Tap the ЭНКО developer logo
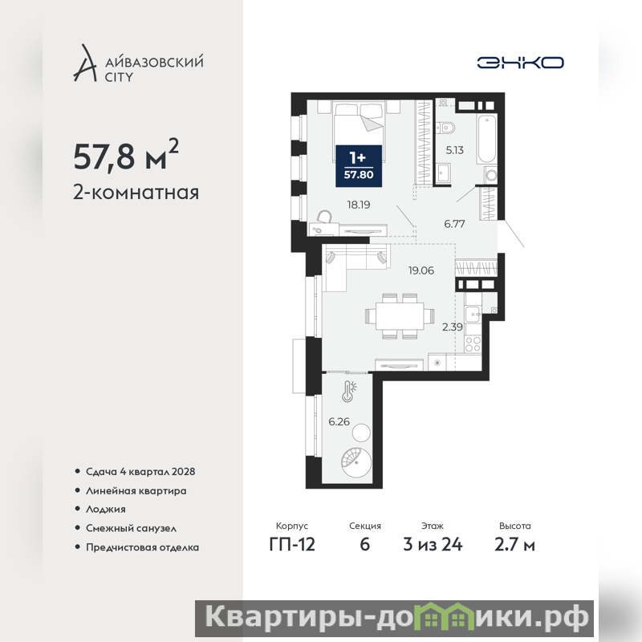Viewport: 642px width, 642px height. click(x=520, y=63)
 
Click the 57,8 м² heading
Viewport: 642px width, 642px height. click(x=126, y=155)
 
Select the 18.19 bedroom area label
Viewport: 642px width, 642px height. click(x=359, y=205)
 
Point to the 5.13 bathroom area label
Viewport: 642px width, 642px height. click(x=454, y=150)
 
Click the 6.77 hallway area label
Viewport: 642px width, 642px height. click(x=454, y=224)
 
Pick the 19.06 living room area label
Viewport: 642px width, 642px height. click(x=421, y=270)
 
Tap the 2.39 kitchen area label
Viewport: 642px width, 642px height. click(x=453, y=327)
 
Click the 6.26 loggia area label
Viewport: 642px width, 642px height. click(x=339, y=422)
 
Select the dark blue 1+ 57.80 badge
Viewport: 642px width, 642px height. click(x=359, y=166)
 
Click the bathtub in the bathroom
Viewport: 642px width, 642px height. click(x=487, y=139)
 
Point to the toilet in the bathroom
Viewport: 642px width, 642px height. click(x=445, y=128)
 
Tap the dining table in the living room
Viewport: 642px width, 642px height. click(x=400, y=315)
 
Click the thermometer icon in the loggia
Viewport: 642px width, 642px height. click(x=349, y=392)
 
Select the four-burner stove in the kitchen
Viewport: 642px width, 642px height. click(x=473, y=343)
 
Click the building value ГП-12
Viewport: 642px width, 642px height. click(x=292, y=544)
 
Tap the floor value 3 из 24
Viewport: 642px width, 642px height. click(x=433, y=544)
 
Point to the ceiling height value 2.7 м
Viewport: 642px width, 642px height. click(x=514, y=544)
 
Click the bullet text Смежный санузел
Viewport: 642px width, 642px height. click(x=131, y=529)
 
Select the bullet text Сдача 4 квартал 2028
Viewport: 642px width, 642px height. click(x=140, y=472)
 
